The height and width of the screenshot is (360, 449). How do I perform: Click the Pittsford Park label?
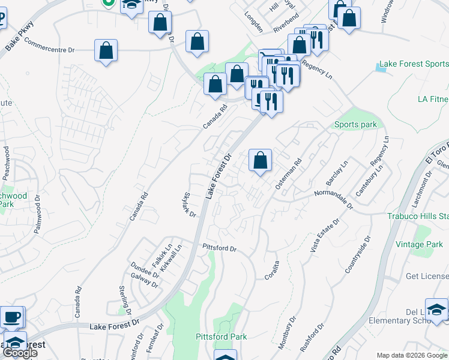[221, 337]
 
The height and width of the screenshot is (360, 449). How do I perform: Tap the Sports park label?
[355, 125]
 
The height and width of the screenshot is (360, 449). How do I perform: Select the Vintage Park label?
[419, 244]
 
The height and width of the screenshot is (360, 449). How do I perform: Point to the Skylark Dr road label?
[190, 205]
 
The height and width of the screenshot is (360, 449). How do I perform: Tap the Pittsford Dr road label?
[220, 247]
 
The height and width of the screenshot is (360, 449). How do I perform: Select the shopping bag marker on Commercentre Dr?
[106, 50]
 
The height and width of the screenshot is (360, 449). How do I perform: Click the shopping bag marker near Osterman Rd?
[260, 160]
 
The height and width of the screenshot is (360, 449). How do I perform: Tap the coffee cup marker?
[12, 316]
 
